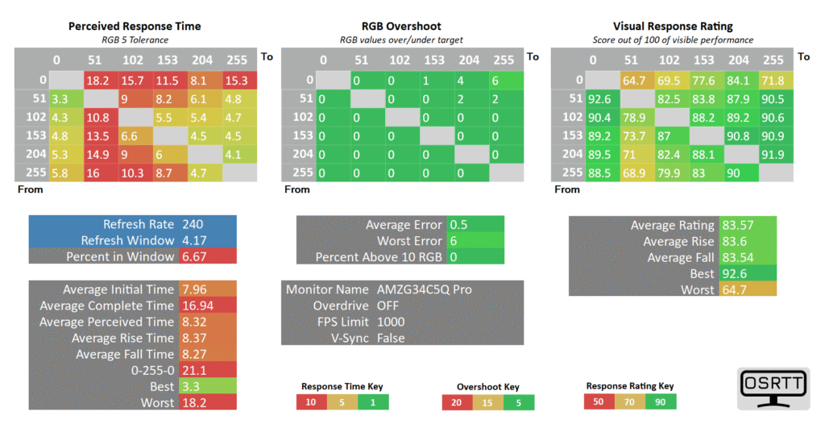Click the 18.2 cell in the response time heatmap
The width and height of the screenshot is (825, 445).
[x=97, y=80]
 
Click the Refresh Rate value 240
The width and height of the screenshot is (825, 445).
[x=193, y=225]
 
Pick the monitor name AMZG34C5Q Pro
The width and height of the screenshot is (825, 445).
[x=424, y=289]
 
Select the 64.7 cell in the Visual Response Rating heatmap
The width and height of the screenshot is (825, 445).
[x=633, y=80]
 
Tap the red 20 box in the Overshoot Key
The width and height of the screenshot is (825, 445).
[x=457, y=402]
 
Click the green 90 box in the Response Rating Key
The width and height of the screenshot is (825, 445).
[x=661, y=401]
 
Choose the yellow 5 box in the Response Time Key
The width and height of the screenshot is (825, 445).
[x=342, y=401]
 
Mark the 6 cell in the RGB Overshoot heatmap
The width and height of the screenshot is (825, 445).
[x=496, y=80]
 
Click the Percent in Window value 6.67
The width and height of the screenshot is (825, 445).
[x=196, y=256]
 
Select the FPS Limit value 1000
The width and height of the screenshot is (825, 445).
[x=392, y=322]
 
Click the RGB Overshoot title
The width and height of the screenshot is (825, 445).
[x=400, y=27]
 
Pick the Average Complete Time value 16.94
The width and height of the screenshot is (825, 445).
[x=200, y=306]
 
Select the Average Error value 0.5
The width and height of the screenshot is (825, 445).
[x=458, y=225]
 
